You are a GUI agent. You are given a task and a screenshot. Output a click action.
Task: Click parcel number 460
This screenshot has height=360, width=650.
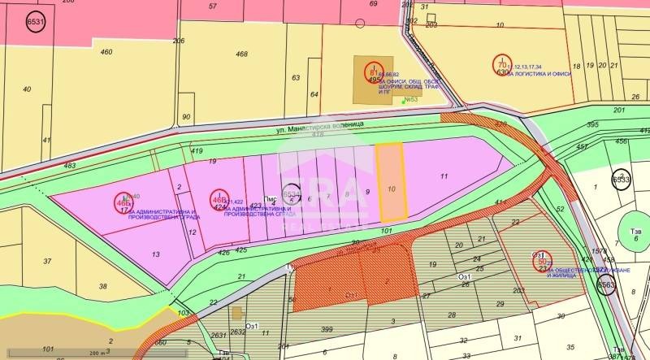point(106,52)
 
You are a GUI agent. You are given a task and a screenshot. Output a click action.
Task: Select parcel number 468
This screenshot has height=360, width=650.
point(241,54)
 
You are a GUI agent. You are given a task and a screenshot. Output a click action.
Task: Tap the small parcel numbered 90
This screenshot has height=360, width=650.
point(186,117)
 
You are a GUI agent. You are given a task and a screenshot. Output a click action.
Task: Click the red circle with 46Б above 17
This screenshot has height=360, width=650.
point(123,201)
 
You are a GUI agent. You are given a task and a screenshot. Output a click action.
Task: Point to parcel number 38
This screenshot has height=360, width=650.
point(103,286)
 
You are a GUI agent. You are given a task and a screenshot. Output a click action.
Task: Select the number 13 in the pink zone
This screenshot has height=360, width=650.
point(155,254)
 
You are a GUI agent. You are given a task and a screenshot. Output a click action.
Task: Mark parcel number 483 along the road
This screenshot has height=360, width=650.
point(70,166)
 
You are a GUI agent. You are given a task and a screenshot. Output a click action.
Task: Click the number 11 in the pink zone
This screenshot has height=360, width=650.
point(444,176)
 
